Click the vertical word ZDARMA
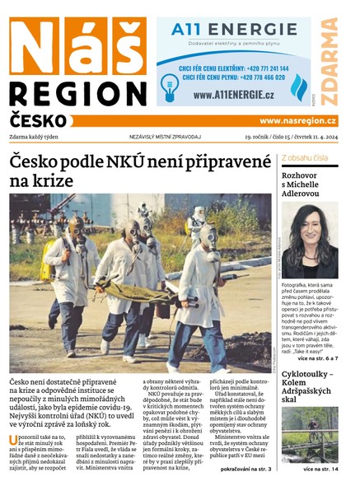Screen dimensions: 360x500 (330, 62)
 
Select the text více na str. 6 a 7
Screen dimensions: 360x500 (314, 358)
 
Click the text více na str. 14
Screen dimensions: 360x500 (320, 469)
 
